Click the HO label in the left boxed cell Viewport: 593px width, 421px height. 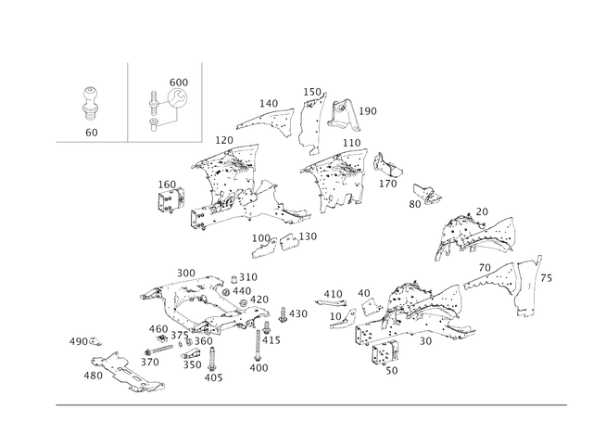pos(91,133)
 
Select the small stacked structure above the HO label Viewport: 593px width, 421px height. pos(91,103)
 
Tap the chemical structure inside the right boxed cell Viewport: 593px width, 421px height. pos(168,103)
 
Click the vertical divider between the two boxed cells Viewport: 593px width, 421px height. pos(128,102)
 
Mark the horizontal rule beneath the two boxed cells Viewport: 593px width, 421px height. pos(130,143)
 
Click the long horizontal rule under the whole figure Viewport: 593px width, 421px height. pos(311,404)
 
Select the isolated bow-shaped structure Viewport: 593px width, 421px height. pos(479,235)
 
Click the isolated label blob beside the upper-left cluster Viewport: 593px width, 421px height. pos(168,194)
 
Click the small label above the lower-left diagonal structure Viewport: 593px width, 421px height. pos(85,344)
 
